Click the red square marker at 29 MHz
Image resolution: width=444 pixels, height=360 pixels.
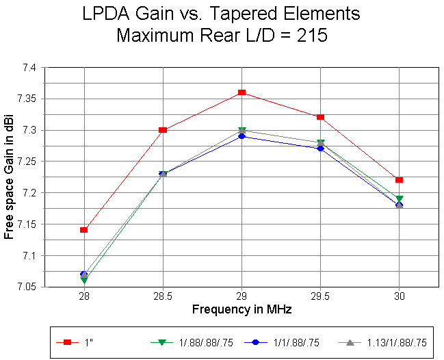click(x=241, y=92)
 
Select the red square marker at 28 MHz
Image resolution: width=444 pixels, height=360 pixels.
click(x=83, y=230)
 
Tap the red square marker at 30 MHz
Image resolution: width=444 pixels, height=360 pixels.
click(x=400, y=180)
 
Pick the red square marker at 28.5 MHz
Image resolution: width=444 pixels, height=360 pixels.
click(x=163, y=130)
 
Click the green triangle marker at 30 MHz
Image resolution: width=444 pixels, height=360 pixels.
click(x=400, y=199)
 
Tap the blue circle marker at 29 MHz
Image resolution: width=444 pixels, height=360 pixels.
click(x=241, y=136)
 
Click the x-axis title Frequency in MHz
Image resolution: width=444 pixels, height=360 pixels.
click(x=241, y=309)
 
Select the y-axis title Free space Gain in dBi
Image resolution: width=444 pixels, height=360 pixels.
click(x=9, y=177)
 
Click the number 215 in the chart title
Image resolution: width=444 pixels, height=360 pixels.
click(x=309, y=36)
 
